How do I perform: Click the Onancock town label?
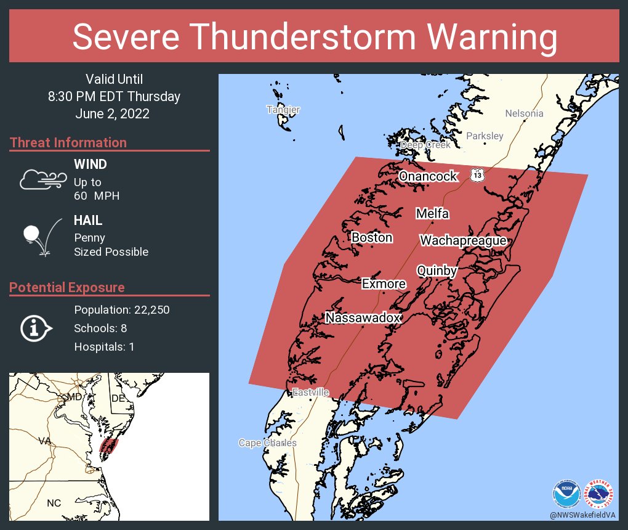(428, 176)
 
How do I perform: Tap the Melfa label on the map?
(432, 214)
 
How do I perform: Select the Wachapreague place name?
(463, 241)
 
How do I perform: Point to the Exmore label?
(384, 283)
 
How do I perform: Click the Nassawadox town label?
(363, 318)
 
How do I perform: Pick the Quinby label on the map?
(437, 271)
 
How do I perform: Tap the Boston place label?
(372, 237)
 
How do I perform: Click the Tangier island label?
(283, 110)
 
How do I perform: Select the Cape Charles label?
(267, 443)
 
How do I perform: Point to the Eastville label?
(310, 393)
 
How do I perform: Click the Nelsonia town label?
(524, 113)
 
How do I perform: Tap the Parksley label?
(485, 136)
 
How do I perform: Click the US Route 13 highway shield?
(477, 175)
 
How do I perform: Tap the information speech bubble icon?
(36, 328)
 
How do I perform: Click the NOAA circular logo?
(566, 492)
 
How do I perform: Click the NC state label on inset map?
(54, 503)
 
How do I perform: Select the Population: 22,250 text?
(121, 309)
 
